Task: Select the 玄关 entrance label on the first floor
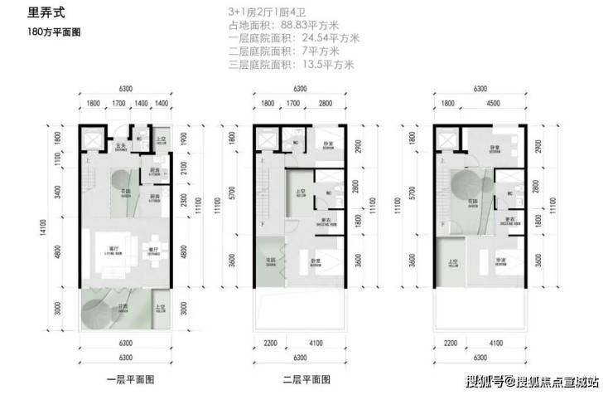(120, 147)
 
